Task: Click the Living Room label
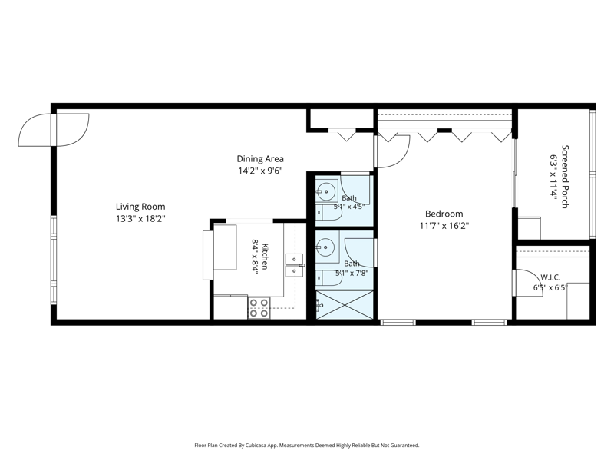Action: coord(140,207)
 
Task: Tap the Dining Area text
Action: coord(260,159)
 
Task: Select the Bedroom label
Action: coord(444,214)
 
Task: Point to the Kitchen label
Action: coord(265,257)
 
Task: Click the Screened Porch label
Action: coord(565,177)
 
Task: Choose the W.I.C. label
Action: coord(550,277)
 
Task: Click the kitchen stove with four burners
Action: coord(259,308)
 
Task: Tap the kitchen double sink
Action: coord(294,265)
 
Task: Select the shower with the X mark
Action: coord(344,304)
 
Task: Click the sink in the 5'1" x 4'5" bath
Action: coord(326,191)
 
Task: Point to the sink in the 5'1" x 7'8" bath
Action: coord(327,247)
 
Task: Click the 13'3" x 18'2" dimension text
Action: coord(140,219)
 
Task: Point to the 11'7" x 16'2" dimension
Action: coord(444,226)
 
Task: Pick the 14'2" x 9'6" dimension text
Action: coord(260,171)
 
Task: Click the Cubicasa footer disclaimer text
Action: coord(306,446)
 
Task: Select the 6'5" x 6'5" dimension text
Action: coord(550,287)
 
